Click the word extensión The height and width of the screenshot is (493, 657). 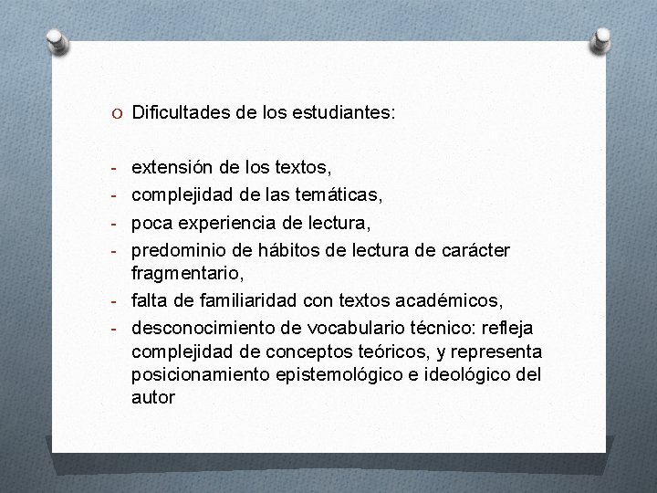pyautogui.click(x=176, y=168)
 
